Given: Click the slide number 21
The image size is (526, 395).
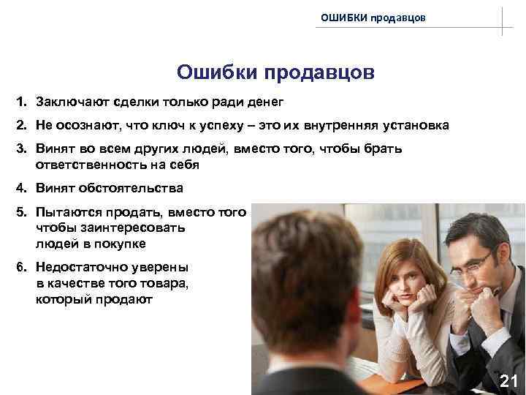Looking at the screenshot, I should coord(508,380).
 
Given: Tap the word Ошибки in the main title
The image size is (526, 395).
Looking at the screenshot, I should coord(217,73).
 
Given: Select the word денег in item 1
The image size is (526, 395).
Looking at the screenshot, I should coord(259,100).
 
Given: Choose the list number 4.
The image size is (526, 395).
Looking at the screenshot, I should coord(22,189).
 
